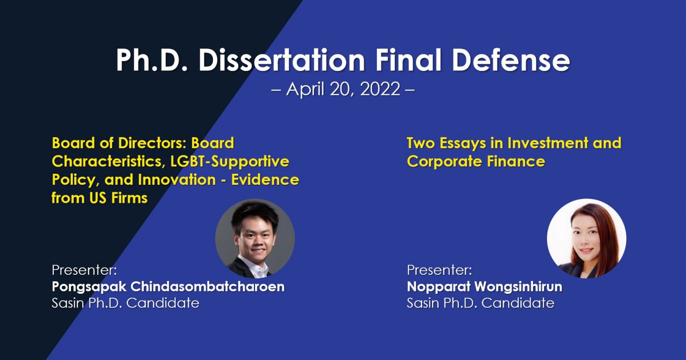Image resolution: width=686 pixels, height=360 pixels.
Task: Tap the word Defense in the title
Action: [x=511, y=60]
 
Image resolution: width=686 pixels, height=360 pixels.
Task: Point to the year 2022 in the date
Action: [x=380, y=89]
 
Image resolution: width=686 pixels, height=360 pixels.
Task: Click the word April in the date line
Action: [x=305, y=90]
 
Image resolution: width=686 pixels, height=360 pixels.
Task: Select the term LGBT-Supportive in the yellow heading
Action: [x=230, y=161]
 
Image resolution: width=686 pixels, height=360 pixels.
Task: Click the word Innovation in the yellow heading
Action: [x=177, y=180]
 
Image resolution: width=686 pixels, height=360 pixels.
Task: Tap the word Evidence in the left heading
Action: [x=265, y=180]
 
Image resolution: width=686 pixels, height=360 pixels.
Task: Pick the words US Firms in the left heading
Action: [x=119, y=198]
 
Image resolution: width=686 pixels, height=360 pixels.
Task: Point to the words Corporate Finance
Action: [x=476, y=161]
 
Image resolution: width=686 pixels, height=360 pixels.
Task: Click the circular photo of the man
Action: [x=255, y=239]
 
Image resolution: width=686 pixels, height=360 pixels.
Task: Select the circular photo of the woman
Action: [x=586, y=239]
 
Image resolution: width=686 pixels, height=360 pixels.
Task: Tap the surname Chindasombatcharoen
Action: [x=208, y=287]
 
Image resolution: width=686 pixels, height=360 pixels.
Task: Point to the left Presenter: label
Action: [x=84, y=270]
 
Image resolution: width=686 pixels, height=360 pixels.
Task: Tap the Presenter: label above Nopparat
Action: [x=439, y=270]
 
